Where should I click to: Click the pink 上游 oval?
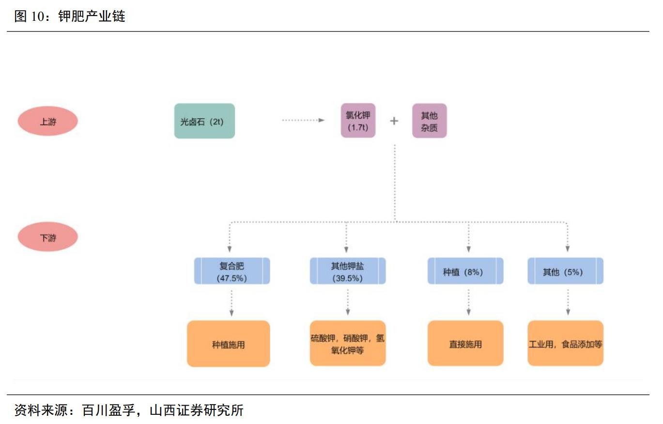[48, 121]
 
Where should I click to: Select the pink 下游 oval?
[48, 237]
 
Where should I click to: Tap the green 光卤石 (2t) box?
[204, 121]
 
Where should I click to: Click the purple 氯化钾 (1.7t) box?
[358, 121]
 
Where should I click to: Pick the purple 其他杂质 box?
[429, 121]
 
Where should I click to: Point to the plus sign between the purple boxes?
[394, 121]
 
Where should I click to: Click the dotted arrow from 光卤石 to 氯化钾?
[303, 120]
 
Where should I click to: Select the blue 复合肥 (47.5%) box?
[231, 271]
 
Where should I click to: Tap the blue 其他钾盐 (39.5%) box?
[347, 271]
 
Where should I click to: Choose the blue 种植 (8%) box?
[465, 271]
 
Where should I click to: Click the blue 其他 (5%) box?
[565, 271]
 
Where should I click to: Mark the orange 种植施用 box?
[228, 344]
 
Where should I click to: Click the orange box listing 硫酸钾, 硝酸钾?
[347, 344]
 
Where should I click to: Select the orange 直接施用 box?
[465, 344]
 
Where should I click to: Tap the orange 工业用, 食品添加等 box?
[565, 344]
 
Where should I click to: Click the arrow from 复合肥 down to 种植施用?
[231, 303]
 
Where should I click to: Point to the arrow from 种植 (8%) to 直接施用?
[468, 303]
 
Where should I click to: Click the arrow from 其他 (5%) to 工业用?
[568, 303]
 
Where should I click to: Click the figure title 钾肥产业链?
[92, 16]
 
